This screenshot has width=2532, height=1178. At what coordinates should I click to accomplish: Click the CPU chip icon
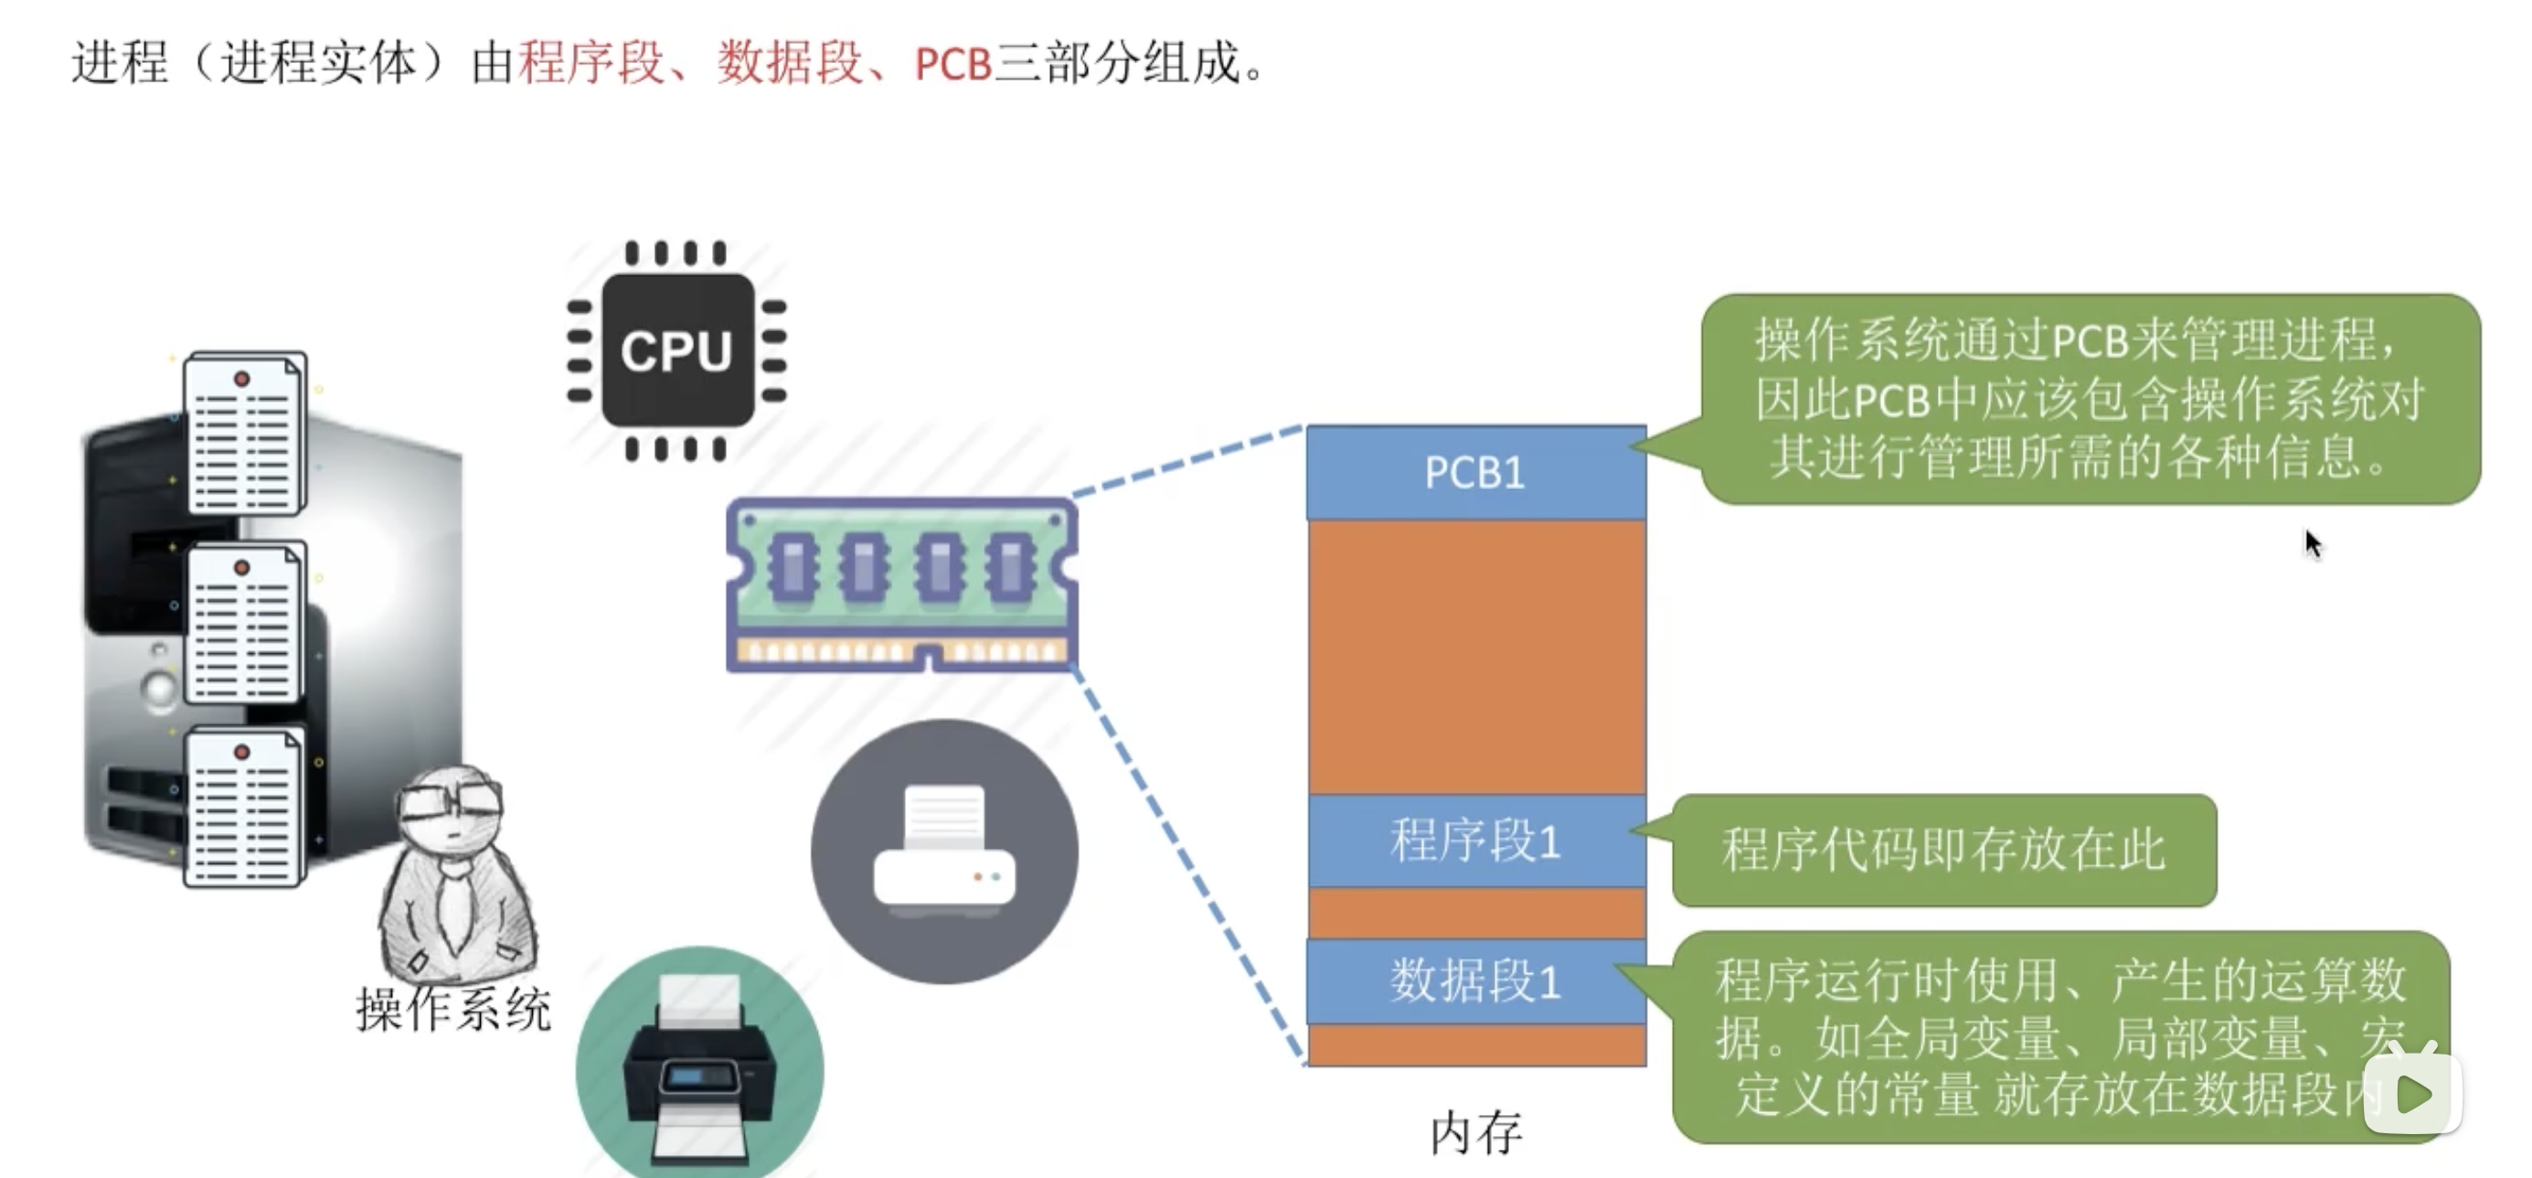point(676,350)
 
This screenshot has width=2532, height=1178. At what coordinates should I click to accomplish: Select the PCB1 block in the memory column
point(1475,473)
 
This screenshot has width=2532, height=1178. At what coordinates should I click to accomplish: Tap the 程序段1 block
point(1475,841)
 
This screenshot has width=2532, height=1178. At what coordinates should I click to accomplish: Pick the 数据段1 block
point(1475,981)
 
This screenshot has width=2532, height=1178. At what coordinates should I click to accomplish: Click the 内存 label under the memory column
point(1475,1133)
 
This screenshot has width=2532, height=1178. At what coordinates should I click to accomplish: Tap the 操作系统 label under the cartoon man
point(453,1010)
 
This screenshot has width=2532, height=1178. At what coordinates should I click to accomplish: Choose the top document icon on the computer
point(245,434)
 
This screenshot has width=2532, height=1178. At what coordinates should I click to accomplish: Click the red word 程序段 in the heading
point(591,64)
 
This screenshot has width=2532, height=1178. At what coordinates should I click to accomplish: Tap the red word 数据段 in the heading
point(791,64)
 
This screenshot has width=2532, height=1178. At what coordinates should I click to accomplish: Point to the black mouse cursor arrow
point(2312,541)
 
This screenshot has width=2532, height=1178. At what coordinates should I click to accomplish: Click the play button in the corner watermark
point(2413,1094)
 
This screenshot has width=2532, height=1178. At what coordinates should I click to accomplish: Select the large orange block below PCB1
point(1475,657)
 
